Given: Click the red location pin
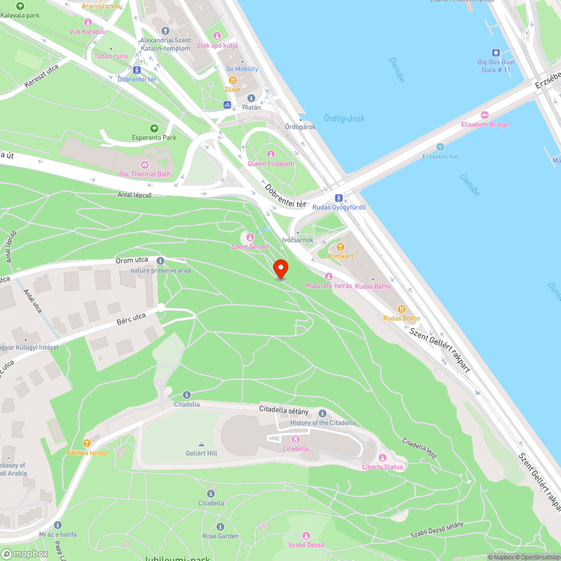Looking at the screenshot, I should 280,268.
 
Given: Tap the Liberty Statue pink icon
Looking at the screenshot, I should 383,458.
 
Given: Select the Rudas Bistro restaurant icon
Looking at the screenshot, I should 402,309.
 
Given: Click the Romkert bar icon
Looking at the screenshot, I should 340,247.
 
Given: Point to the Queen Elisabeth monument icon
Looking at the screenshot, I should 271,154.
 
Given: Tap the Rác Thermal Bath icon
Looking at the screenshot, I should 145,164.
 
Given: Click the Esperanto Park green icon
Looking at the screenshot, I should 154,128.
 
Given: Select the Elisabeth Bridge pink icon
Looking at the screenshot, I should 485,115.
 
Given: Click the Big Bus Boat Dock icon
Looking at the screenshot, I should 496,52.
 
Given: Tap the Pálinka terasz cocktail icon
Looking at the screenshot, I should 86,443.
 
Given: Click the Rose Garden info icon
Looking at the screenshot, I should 220,527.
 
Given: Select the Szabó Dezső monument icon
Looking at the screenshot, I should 306,536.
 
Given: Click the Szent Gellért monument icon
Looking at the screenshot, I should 250,237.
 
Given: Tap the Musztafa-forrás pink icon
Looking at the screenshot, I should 329,276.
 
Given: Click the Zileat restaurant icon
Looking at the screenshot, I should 233,80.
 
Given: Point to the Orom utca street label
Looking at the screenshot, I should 132,260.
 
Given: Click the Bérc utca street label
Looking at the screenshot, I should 131,319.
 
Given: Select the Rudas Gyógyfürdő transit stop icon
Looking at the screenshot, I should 339,198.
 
